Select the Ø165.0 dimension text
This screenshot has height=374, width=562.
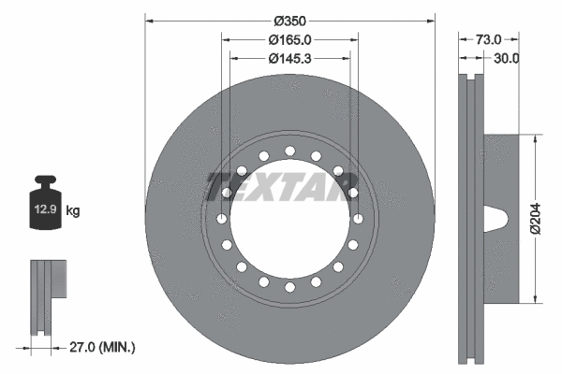[289, 39]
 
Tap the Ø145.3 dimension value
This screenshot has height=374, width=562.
[289, 58]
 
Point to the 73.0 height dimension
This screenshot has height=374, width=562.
[489, 39]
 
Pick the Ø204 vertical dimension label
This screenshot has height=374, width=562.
[535, 218]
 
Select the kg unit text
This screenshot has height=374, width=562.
[73, 212]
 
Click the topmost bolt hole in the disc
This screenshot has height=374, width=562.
[289, 151]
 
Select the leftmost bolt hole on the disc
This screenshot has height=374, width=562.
[222, 218]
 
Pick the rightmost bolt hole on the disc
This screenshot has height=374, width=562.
[358, 218]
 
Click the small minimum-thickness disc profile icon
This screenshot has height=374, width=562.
[47, 297]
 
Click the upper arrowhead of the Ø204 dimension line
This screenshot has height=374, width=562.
[535, 138]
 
